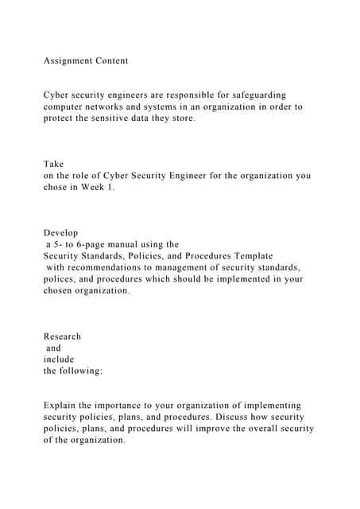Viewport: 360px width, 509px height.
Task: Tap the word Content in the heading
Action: tap(114, 60)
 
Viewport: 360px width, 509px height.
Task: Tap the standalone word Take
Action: tap(53, 164)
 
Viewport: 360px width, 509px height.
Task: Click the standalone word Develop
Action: tap(61, 233)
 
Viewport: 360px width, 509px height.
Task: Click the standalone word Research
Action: tap(62, 336)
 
